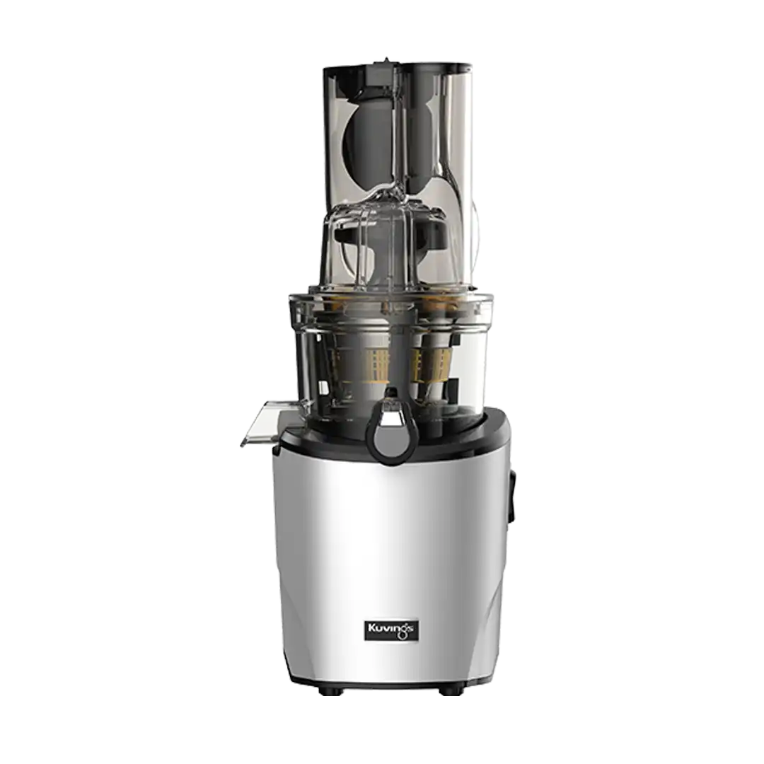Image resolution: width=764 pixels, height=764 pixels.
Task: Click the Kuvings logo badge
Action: tap(392, 630)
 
